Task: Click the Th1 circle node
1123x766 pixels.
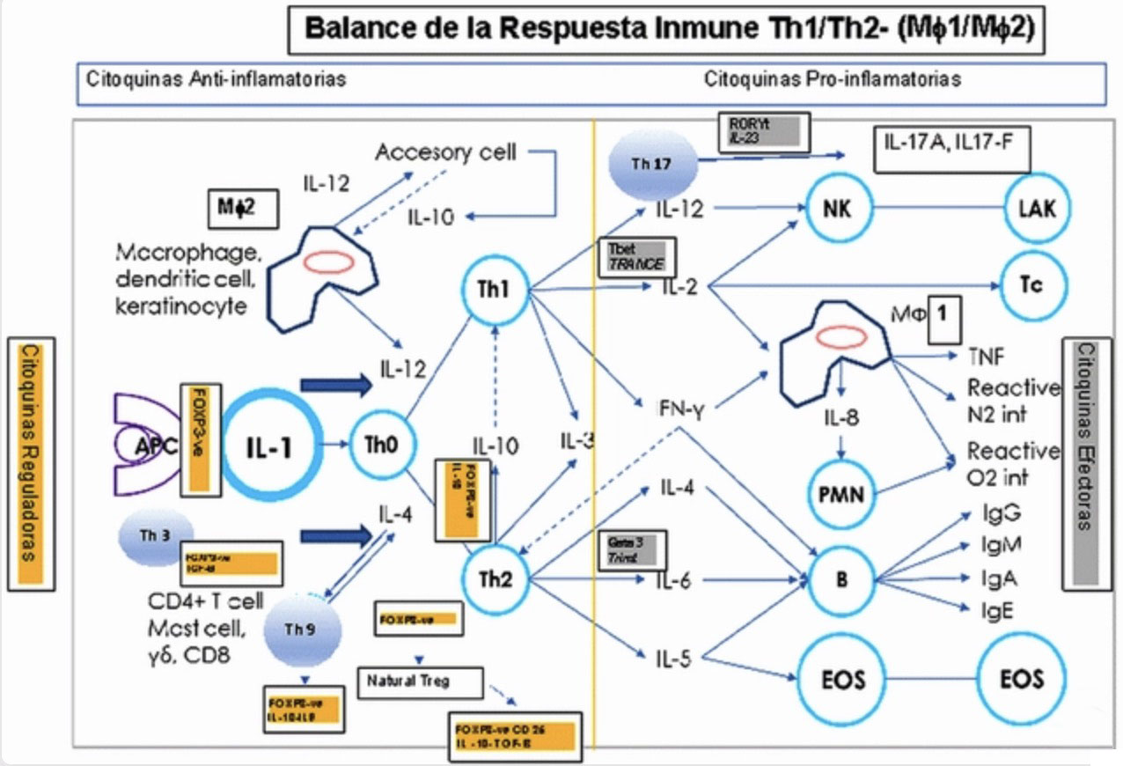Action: (495, 290)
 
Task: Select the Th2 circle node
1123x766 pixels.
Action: (495, 578)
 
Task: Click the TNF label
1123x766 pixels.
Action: (986, 356)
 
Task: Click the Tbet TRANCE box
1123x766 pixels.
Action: (635, 258)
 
